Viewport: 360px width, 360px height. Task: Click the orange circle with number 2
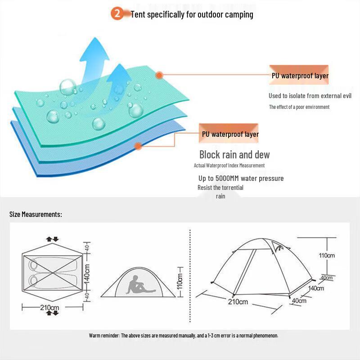117,14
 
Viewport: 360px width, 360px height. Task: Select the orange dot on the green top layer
159,75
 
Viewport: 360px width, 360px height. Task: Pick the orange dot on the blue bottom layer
139,146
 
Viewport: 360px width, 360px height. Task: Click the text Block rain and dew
234,155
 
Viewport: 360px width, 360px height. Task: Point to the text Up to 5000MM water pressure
241,178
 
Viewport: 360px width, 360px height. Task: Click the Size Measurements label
36,214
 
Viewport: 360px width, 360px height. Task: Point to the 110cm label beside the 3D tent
327,256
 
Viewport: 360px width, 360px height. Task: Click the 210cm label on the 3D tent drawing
238,301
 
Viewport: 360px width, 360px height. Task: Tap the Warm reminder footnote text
184,336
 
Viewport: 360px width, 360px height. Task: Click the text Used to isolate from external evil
310,96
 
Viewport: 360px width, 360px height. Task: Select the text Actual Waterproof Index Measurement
229,166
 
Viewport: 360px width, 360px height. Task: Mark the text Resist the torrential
220,188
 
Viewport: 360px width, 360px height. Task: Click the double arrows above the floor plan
53,239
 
